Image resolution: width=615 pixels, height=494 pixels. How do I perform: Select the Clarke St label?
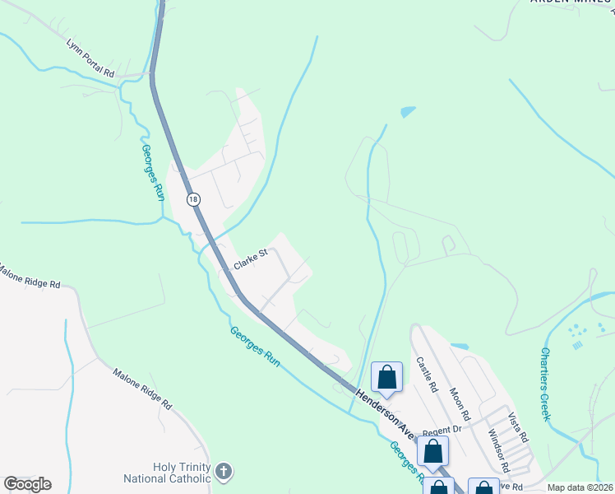pos(251,259)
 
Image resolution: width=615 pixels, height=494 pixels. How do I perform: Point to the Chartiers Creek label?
pos(546,384)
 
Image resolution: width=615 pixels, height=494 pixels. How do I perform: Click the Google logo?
pos(27,484)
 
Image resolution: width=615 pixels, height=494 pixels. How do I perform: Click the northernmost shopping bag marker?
pos(386,378)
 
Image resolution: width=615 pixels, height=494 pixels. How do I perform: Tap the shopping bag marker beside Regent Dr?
pos(432,452)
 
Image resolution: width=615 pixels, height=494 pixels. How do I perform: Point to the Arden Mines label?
pos(572,2)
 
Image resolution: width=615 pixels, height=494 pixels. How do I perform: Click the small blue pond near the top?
pos(408,112)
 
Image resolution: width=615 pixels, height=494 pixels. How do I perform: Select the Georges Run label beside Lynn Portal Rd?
pos(153,173)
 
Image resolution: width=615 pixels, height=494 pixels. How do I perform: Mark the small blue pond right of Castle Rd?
pos(460,347)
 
